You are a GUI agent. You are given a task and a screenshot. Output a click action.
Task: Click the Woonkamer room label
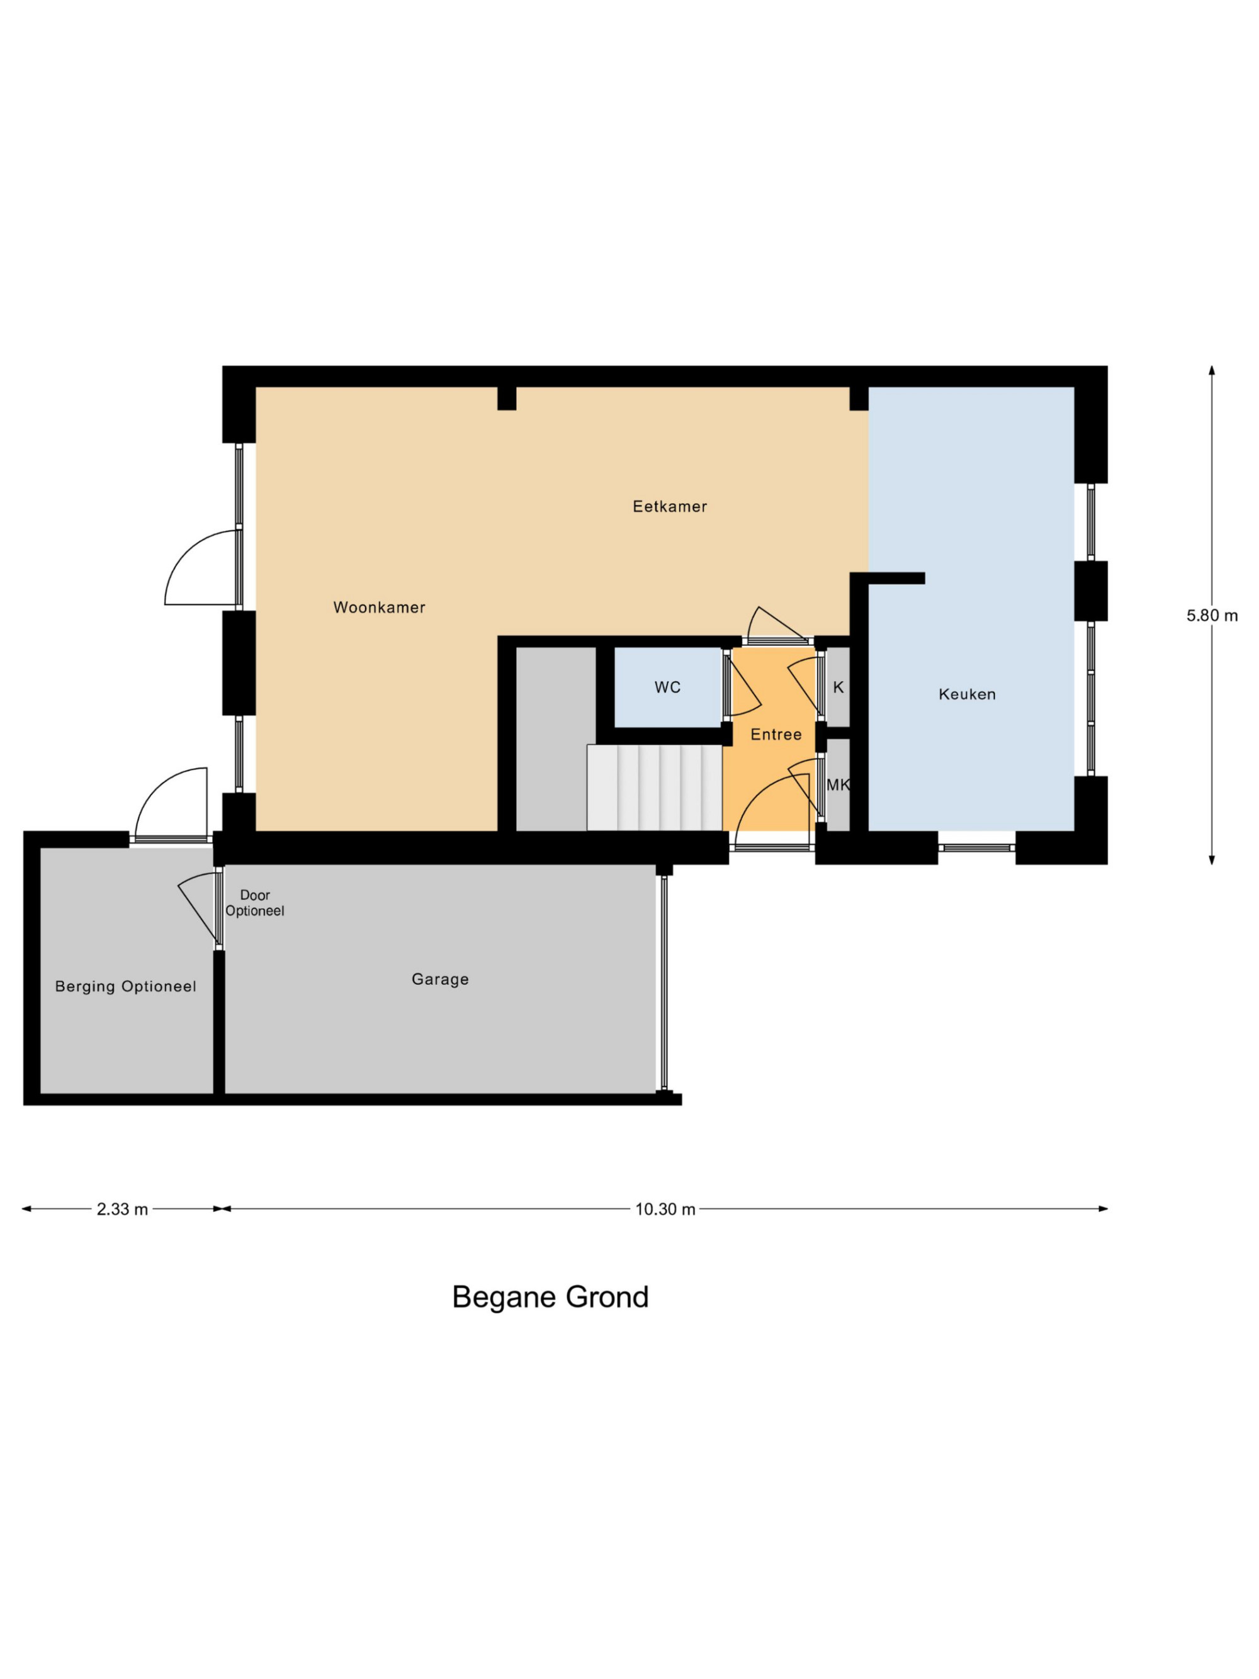379,608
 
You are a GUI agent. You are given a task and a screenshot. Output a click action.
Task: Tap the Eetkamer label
669,506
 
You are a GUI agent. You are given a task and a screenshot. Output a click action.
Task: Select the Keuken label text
966,694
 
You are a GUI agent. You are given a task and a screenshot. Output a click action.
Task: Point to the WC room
667,687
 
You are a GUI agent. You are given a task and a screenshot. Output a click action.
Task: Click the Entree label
776,734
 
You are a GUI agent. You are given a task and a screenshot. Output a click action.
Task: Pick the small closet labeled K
838,686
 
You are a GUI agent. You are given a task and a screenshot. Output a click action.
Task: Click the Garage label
440,979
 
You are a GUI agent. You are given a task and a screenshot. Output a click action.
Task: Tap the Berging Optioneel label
126,986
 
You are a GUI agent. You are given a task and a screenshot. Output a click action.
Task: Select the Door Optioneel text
255,903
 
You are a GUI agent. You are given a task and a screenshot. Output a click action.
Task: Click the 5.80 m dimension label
1212,616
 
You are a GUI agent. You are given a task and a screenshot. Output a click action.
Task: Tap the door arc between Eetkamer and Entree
776,625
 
